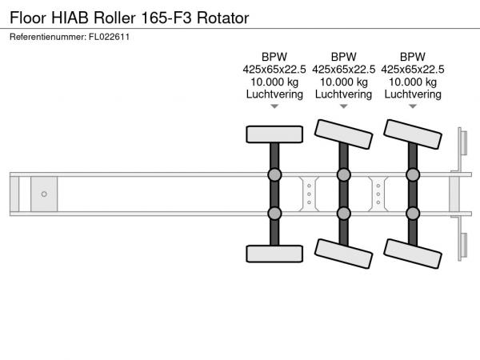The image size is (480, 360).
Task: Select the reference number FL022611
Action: click(110, 37)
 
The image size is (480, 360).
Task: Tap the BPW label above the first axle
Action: click(274, 57)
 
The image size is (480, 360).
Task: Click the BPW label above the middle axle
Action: click(343, 57)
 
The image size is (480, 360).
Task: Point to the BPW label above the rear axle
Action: click(413, 57)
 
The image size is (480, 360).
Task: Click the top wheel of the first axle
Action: click(274, 134)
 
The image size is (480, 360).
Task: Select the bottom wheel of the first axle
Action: click(274, 254)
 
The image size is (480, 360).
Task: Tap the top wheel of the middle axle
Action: click(343, 134)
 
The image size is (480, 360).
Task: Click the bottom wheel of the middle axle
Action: click(344, 254)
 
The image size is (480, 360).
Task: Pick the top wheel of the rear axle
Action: click(413, 134)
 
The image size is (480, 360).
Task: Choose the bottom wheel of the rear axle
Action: click(413, 254)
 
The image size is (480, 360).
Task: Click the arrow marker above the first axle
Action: click(274, 106)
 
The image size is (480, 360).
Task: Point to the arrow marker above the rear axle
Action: click(413, 106)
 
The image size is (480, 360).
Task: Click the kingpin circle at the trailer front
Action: click(44, 194)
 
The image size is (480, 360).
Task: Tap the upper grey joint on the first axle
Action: click(274, 174)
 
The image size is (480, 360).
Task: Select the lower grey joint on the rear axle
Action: click(413, 213)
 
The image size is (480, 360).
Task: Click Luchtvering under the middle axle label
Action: click(343, 94)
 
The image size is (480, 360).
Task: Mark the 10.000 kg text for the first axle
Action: click(274, 82)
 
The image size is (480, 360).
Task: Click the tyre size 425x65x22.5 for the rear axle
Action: click(413, 69)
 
